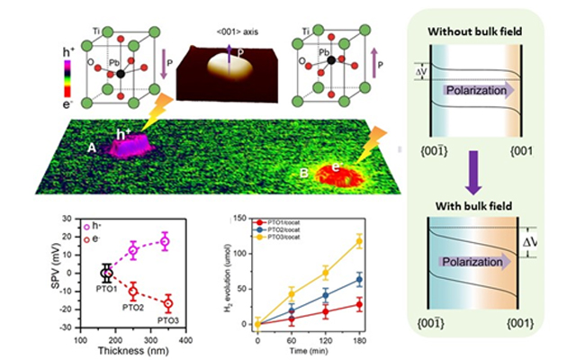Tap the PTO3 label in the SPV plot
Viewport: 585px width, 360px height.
(x=167, y=321)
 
